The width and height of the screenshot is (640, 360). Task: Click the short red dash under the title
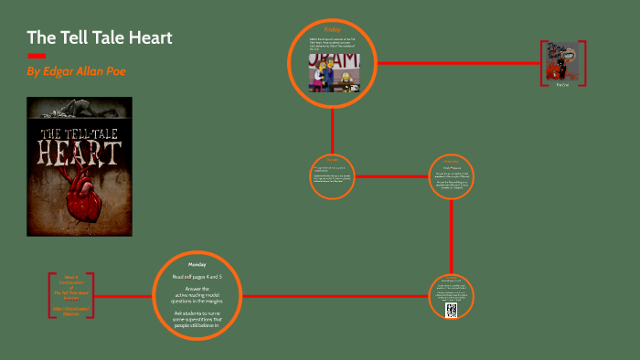36,56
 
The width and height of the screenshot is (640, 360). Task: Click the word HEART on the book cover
80,150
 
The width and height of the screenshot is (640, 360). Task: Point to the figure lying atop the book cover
78,111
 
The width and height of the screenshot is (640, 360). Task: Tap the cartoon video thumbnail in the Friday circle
334,72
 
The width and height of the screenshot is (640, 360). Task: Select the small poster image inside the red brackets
562,61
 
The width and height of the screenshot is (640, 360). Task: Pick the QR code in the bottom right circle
451,311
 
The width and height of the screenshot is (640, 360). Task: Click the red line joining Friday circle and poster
457,63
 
